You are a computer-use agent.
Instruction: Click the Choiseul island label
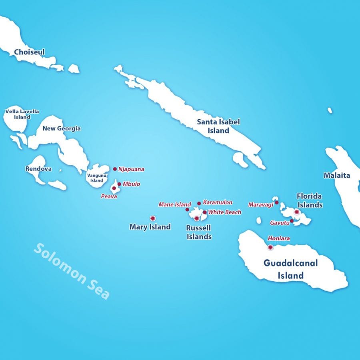29,52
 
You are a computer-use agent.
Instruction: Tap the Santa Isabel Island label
218,126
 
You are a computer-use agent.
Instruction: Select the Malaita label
337,175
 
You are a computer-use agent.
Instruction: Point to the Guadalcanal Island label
290,269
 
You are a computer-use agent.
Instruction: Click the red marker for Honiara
270,247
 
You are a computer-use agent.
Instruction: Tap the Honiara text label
279,238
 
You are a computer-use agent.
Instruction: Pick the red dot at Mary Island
152,218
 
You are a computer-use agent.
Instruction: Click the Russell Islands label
199,232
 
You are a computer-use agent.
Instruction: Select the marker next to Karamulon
199,203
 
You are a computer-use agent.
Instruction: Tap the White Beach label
224,212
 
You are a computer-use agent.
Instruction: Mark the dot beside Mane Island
187,209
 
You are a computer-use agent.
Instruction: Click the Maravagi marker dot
276,202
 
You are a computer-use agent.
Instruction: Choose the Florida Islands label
310,200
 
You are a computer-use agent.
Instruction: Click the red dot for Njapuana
115,169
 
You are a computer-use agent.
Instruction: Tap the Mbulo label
132,184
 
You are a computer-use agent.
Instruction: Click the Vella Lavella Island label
22,114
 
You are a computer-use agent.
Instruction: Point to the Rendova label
38,169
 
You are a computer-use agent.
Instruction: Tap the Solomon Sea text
72,271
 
